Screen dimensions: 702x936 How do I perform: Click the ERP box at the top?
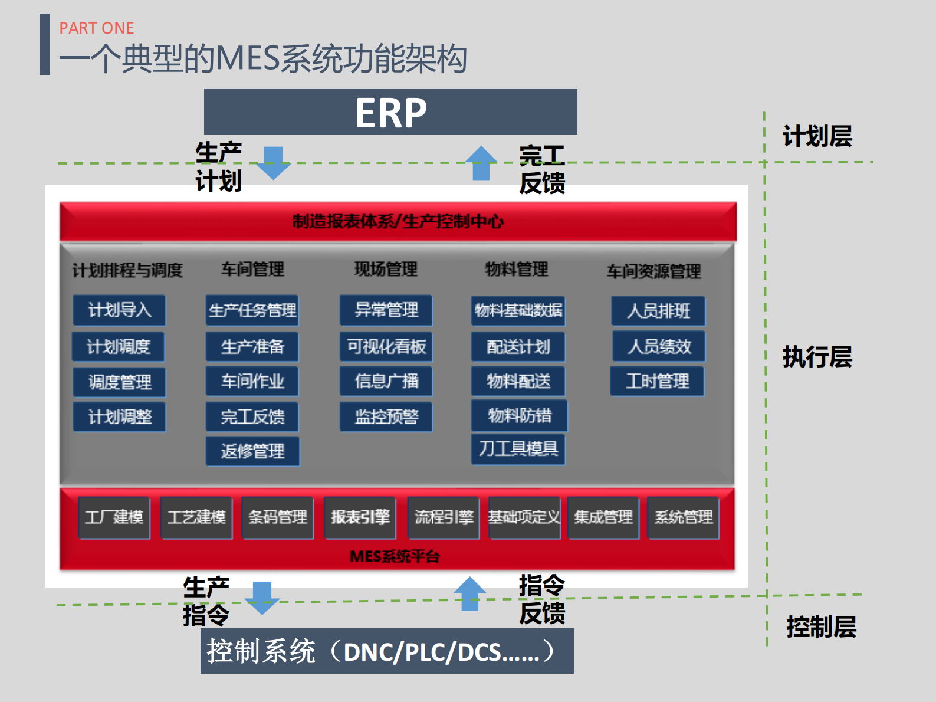390,112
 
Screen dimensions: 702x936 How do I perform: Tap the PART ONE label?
97,28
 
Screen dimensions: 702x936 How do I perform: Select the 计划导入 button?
120,310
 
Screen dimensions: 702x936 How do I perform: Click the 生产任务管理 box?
252,310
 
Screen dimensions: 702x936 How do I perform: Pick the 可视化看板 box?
386,346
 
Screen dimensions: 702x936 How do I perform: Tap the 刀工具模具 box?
518,449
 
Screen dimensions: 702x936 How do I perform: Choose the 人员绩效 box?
659,346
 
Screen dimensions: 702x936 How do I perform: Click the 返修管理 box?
252,451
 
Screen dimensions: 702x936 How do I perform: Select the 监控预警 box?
386,416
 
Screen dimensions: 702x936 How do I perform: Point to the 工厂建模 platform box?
114,517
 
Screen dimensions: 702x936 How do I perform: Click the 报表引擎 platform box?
360,517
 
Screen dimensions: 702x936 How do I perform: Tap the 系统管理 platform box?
683,517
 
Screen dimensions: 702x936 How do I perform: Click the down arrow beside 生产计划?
274,163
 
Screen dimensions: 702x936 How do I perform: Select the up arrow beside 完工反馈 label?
481,163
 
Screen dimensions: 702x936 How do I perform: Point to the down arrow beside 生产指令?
262,598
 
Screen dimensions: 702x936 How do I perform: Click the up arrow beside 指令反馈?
469,594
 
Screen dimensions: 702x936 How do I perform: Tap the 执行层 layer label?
817,357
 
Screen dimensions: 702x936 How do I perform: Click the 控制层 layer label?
821,626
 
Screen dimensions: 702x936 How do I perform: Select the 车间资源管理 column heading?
653,271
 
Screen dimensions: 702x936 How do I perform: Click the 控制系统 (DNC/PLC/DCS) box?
387,651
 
